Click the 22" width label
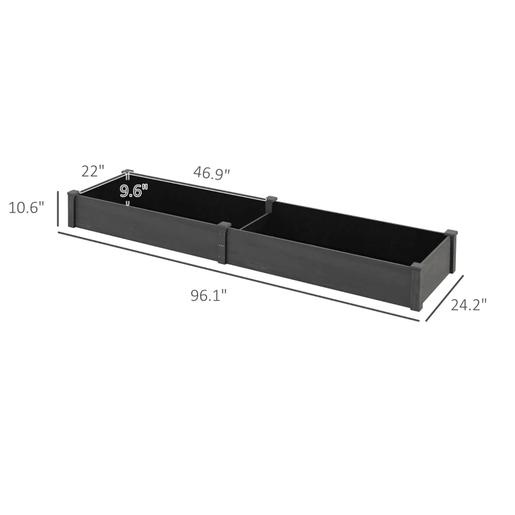(x=93, y=171)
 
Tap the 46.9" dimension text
(x=212, y=173)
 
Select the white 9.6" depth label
(x=134, y=191)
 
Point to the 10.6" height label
(x=26, y=208)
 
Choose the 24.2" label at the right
(x=469, y=304)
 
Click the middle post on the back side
(x=271, y=203)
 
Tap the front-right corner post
(x=416, y=286)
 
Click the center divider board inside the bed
(x=254, y=221)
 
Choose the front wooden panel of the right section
(x=319, y=264)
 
